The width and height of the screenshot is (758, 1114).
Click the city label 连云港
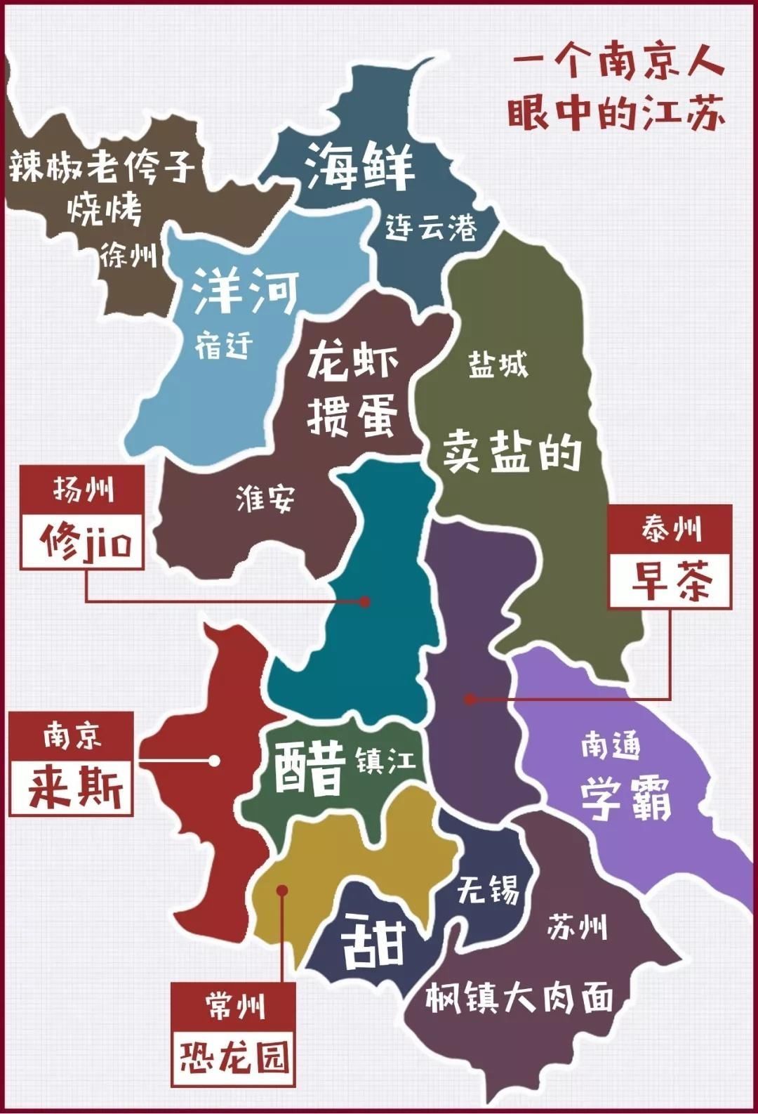[431, 227]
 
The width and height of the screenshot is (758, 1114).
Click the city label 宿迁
[224, 346]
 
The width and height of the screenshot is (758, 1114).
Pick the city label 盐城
[498, 365]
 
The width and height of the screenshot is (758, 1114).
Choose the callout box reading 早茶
[670, 580]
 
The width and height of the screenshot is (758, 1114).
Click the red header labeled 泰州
[670, 529]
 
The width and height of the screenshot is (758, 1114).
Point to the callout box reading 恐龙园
[234, 1056]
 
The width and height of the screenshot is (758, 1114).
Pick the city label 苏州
[576, 927]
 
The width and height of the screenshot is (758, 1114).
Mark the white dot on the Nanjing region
[214, 761]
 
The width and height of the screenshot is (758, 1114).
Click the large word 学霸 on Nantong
[626, 797]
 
